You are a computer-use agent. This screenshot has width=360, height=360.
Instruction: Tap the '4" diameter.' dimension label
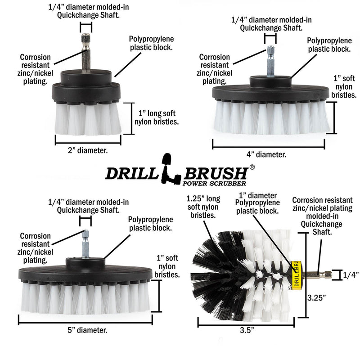(266, 154)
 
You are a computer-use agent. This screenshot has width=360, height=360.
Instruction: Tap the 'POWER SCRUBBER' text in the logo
(215, 183)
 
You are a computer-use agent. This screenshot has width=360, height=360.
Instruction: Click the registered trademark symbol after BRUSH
(252, 167)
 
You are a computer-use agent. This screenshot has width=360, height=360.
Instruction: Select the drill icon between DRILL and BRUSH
(166, 171)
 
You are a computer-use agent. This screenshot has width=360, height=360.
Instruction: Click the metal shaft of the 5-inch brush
(85, 243)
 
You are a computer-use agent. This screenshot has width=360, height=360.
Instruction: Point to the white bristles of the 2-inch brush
(88, 119)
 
